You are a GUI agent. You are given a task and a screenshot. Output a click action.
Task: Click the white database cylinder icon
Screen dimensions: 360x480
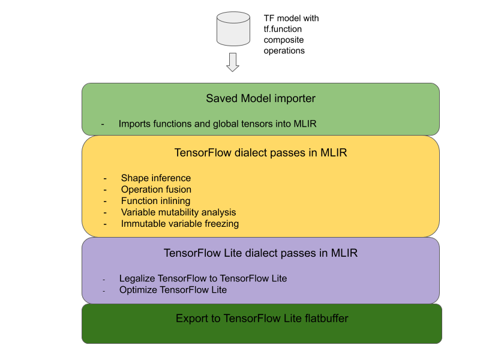coord(233,28)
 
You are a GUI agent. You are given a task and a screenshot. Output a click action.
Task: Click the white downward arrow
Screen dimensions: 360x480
coord(233,62)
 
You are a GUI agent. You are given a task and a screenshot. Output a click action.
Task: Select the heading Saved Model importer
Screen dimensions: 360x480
coord(260,98)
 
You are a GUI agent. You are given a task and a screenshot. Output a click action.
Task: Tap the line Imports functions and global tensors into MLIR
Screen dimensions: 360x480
coord(217,124)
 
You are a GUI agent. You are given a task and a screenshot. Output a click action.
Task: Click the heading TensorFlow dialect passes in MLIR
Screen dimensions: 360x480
coord(260,153)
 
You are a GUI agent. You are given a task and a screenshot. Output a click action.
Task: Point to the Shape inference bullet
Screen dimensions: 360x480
coord(156,178)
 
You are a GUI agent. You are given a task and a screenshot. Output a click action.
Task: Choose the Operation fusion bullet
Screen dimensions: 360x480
coord(156,190)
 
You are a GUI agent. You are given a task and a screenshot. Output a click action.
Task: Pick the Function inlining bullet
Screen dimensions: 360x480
coord(155,201)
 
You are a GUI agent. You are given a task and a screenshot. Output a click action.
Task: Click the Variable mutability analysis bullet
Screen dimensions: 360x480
coord(178,212)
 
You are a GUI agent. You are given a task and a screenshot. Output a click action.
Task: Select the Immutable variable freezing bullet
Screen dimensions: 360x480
coord(180,224)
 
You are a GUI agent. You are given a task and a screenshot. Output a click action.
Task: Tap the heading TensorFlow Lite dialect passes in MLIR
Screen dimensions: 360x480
coord(260,253)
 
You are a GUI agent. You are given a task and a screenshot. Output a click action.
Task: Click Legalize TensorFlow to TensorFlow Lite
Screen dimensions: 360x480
coord(203,278)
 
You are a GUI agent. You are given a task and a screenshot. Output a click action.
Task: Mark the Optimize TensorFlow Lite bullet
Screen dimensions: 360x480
coord(173,290)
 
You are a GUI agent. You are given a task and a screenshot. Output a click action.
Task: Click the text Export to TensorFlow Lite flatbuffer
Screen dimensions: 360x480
coord(262,319)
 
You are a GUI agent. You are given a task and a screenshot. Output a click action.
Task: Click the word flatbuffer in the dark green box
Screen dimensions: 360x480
coord(325,319)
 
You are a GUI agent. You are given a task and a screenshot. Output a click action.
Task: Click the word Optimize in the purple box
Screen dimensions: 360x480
coord(138,290)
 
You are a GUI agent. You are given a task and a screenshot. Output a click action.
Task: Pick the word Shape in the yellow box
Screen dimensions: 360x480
coord(134,178)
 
